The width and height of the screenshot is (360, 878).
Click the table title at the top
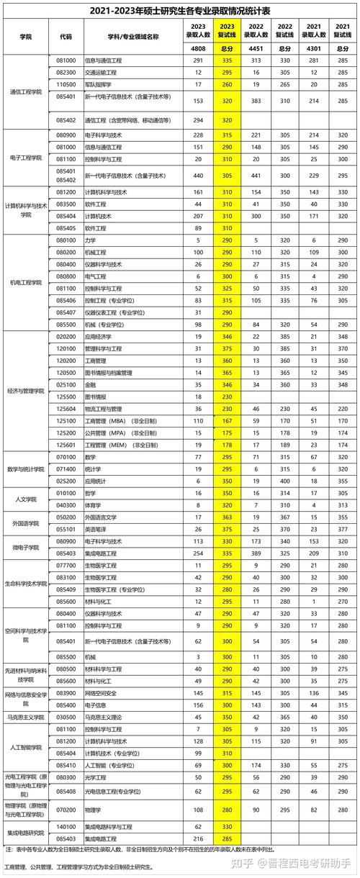tap(180, 10)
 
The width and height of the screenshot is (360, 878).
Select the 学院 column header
tap(26, 36)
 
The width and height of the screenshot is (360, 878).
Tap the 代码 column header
tap(66, 36)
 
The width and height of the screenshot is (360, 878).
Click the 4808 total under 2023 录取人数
tap(198, 48)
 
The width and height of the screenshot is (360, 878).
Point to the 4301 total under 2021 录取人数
tap(312, 48)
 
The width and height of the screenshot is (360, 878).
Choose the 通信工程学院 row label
tap(26, 91)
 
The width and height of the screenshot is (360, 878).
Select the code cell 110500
tap(66, 84)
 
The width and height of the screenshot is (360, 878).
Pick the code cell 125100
tap(66, 420)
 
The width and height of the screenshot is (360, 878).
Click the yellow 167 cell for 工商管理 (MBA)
tap(227, 420)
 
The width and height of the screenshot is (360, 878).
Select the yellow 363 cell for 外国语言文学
tap(227, 517)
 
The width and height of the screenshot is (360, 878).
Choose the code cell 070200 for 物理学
tap(66, 810)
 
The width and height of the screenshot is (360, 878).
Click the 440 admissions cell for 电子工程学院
tap(198, 175)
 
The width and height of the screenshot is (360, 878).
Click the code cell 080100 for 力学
tap(66, 240)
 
